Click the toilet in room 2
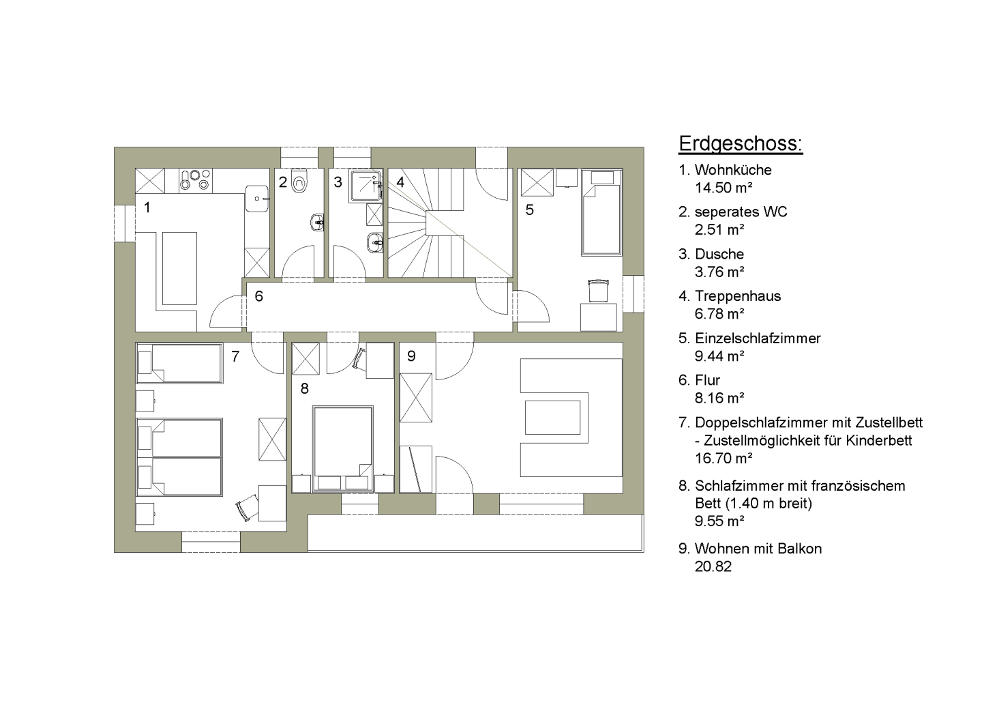[x=299, y=181]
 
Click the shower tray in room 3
[x=366, y=186]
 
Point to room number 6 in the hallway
[x=259, y=296]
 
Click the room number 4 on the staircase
[x=400, y=182]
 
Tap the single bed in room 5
[x=601, y=212]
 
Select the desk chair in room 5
[x=598, y=290]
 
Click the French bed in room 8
[x=343, y=448]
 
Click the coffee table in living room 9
[x=552, y=418]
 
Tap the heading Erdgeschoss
[x=741, y=144]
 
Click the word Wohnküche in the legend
[x=733, y=170]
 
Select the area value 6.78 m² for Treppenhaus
[x=719, y=314]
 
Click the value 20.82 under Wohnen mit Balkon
[x=713, y=566]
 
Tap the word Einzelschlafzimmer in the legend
[x=758, y=338]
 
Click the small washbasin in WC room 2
[x=318, y=222]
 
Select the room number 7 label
[x=235, y=356]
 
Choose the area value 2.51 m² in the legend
[x=719, y=229]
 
